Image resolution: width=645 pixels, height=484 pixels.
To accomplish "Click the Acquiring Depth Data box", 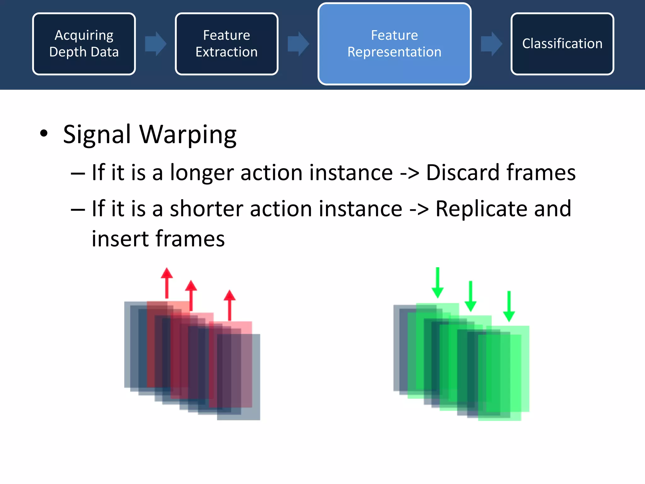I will click(x=84, y=44).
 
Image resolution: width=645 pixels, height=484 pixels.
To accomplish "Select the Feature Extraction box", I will click(x=226, y=44).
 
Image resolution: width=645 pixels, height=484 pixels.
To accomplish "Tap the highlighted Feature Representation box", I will click(x=394, y=44).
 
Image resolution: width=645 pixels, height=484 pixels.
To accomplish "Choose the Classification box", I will click(x=562, y=44).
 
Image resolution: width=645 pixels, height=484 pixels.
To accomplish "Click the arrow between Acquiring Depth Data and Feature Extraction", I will click(x=155, y=44).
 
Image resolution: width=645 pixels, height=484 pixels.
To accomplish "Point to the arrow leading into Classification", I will click(x=491, y=44).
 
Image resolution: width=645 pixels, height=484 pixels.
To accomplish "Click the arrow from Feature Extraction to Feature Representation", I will click(x=298, y=44).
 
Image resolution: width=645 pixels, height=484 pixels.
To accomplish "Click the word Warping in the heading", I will click(x=188, y=135).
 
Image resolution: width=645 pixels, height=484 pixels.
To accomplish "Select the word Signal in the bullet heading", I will click(x=97, y=135).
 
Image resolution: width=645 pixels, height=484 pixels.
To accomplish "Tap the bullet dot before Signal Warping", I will click(x=44, y=133).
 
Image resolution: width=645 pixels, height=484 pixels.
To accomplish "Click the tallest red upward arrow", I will click(x=167, y=283).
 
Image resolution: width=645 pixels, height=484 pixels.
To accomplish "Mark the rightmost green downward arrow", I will click(x=509, y=306).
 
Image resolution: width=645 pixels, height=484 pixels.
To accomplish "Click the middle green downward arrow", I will click(x=471, y=296).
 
